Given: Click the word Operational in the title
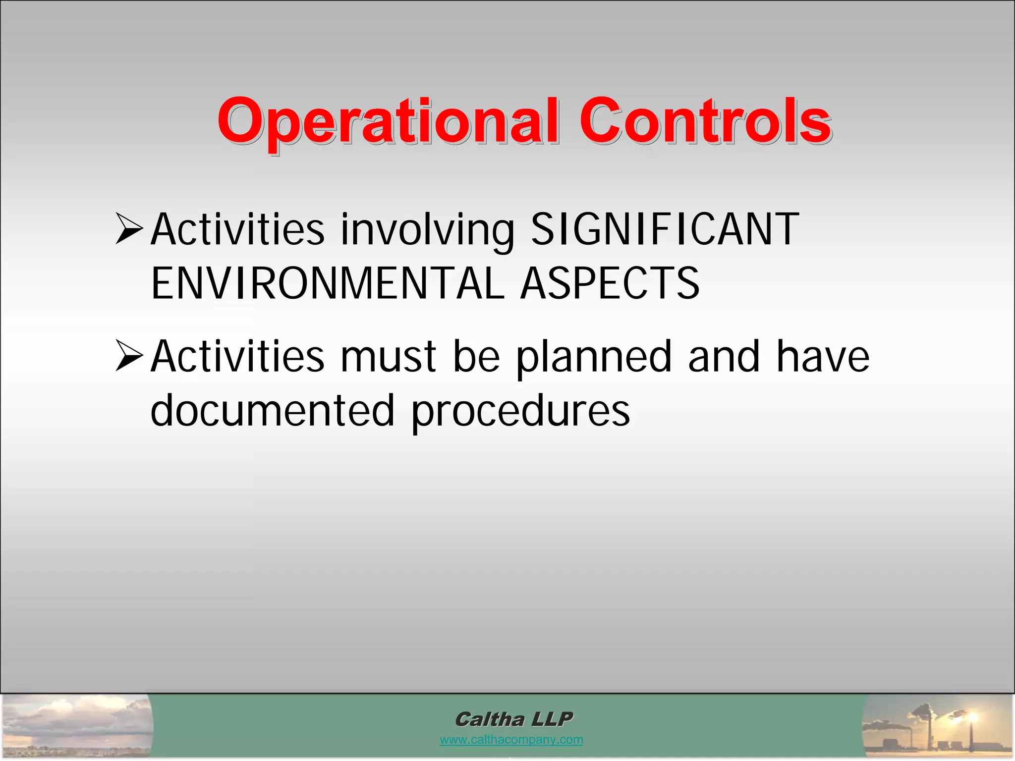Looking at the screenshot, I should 388,122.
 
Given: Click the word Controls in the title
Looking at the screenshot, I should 705,121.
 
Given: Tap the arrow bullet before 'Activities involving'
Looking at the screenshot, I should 129,228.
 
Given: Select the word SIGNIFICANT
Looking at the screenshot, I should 665,229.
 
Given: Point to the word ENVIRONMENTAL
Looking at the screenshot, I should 328,283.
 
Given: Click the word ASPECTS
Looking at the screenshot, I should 610,283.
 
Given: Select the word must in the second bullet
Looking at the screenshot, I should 388,357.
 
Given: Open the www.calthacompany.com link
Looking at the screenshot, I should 511,740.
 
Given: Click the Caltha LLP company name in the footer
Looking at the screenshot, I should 513,719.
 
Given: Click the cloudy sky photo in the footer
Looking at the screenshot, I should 77,726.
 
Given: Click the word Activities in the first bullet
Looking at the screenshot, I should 237,229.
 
